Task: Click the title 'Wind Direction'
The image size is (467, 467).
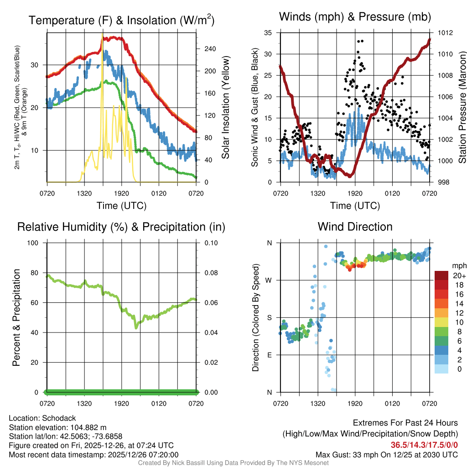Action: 355,227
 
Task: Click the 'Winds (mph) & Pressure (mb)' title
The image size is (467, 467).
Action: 355,17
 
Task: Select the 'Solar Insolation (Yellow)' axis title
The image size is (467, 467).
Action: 225,107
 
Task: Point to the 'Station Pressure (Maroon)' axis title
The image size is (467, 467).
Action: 462,107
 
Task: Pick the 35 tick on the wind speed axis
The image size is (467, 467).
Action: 268,33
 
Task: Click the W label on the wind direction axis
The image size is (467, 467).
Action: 269,280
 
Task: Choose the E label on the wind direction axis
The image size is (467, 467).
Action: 269,355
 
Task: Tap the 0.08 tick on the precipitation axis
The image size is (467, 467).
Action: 211,273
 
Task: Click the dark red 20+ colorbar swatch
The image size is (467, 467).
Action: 441,275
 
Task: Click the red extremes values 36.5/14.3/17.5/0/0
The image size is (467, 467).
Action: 424,445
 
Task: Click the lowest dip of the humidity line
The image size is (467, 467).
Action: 136,328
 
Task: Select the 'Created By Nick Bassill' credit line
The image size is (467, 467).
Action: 233,463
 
